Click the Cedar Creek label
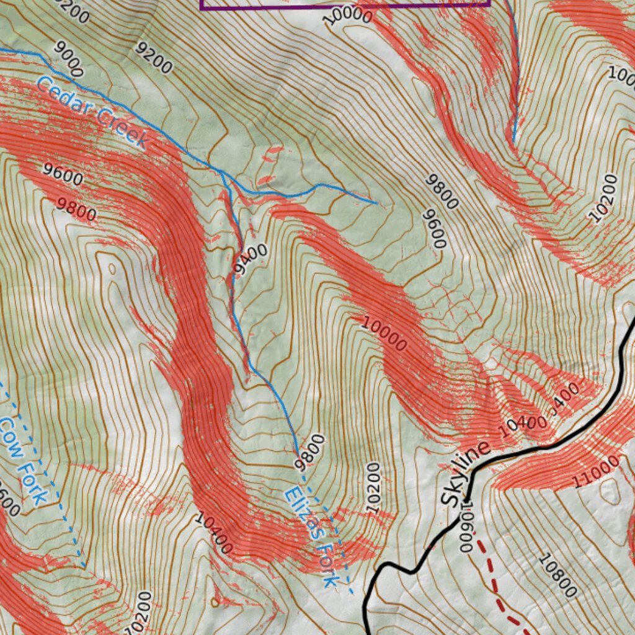(92, 112)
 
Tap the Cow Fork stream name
(23, 460)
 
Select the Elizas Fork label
(312, 537)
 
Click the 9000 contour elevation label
(68, 59)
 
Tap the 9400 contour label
(251, 259)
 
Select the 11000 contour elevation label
(596, 471)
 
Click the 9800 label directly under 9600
(76, 210)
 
